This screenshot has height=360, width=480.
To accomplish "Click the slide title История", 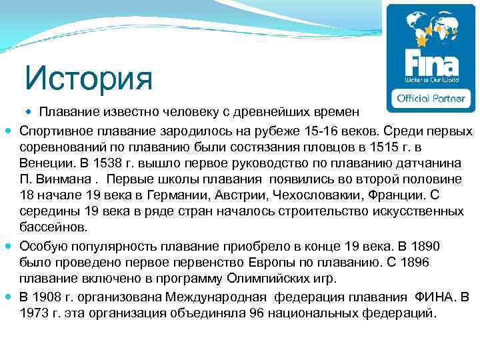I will (89, 79).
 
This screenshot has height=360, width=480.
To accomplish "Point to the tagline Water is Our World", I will (431, 79).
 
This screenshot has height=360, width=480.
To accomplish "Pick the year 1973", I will (34, 312).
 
